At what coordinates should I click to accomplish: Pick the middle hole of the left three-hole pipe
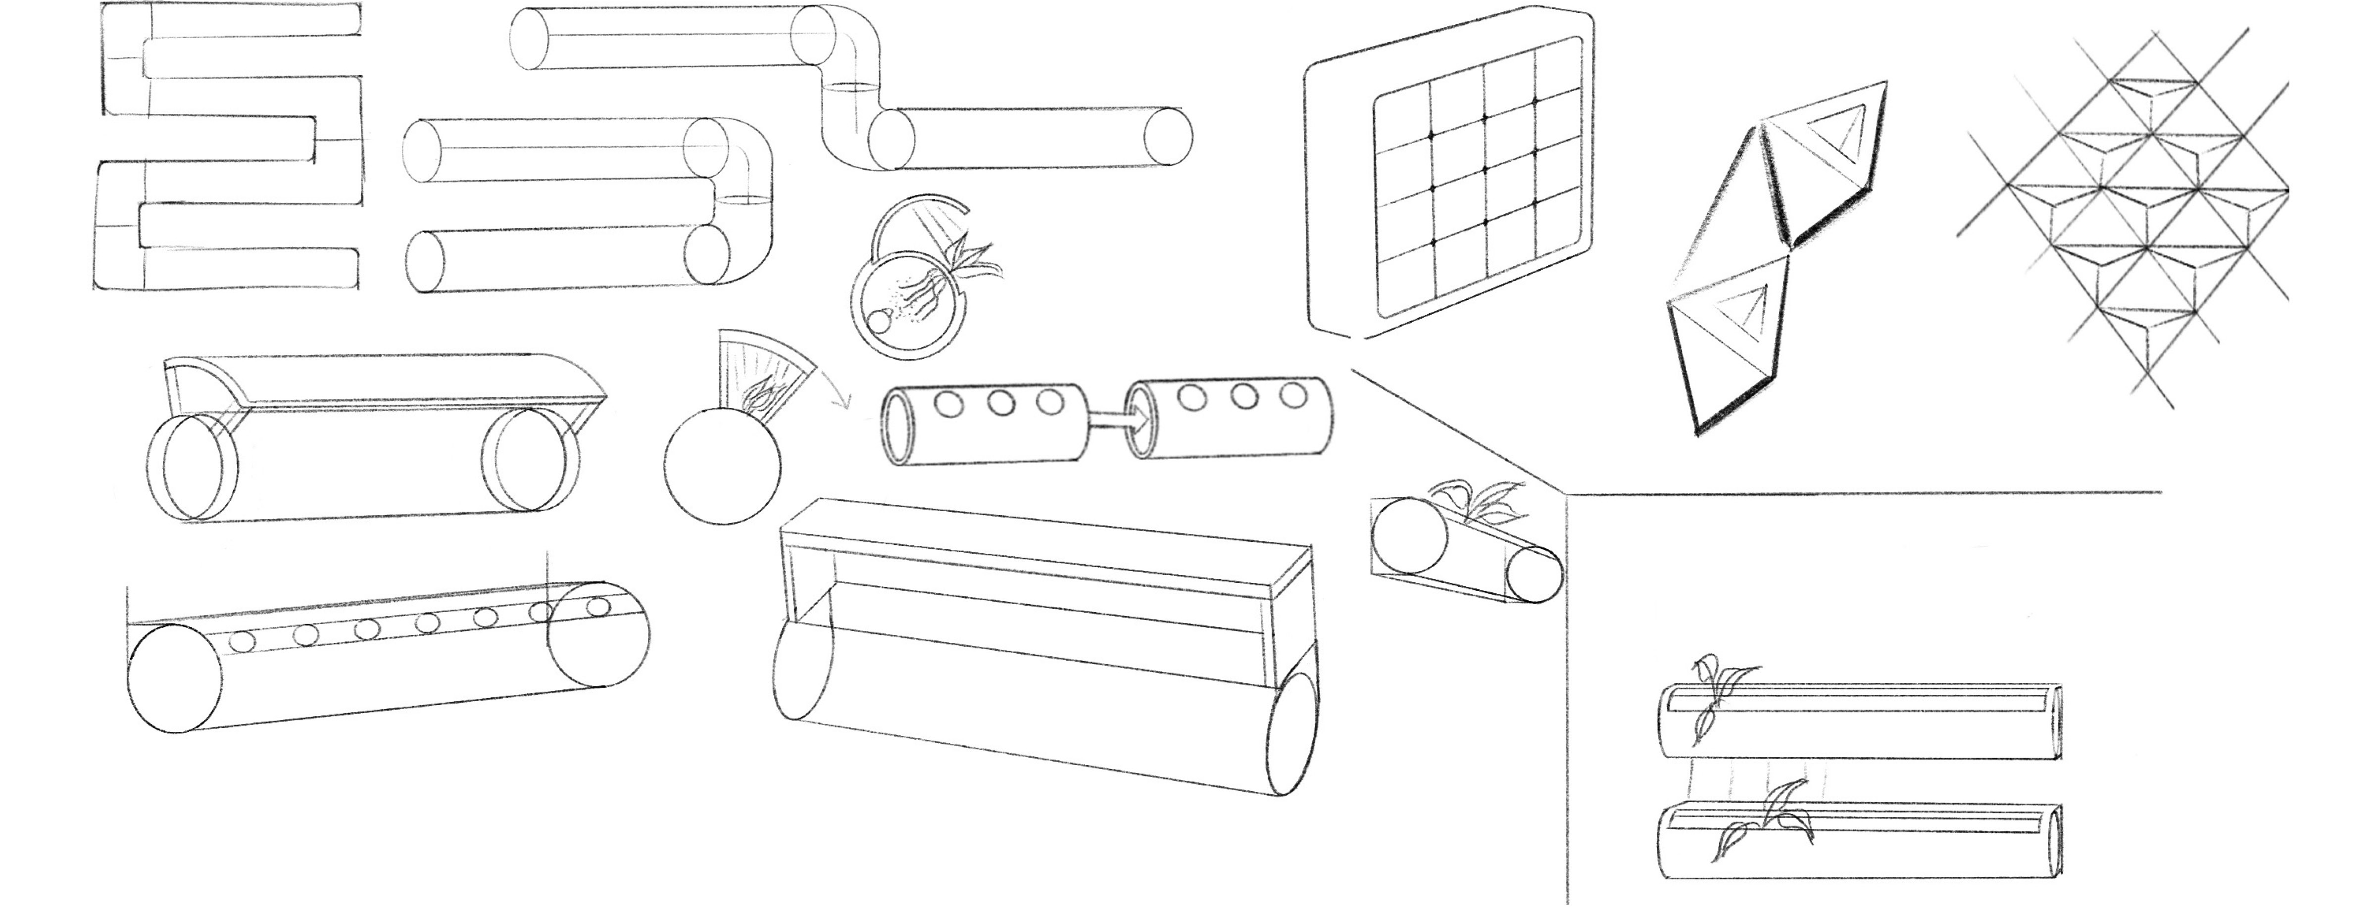999,402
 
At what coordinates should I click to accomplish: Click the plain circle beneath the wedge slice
721,466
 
